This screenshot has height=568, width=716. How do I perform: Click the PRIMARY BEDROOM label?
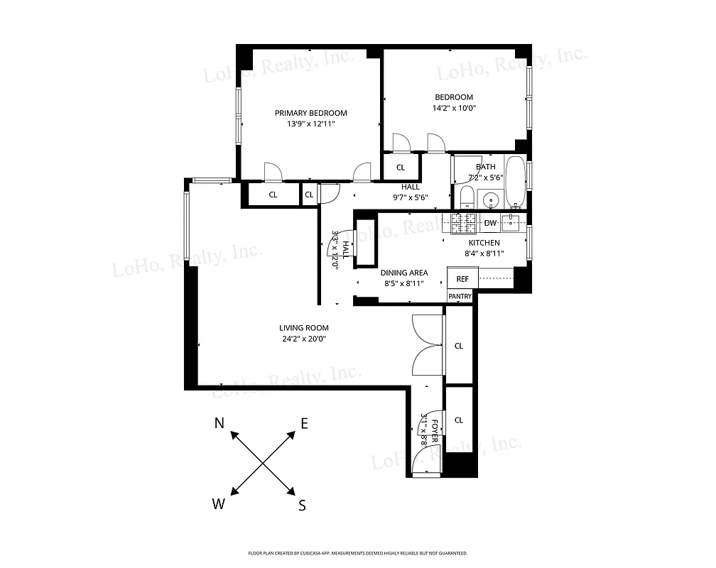click(x=310, y=113)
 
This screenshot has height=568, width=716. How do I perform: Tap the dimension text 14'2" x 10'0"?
click(x=454, y=109)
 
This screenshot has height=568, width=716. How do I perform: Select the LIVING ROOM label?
click(x=303, y=327)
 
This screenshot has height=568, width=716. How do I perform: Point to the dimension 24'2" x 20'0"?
click(x=303, y=338)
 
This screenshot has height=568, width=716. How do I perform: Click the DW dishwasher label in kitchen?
click(x=490, y=223)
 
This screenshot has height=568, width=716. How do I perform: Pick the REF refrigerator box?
click(x=462, y=279)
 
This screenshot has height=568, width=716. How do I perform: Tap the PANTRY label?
click(x=460, y=296)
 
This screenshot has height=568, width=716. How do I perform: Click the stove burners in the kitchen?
click(x=465, y=224)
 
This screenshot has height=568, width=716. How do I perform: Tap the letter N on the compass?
click(x=220, y=424)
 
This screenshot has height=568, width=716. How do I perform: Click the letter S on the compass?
click(x=302, y=506)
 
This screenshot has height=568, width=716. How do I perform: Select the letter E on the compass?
click(x=304, y=424)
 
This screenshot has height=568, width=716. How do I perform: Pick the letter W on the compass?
click(x=219, y=504)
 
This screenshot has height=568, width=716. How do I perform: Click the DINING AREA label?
click(x=403, y=273)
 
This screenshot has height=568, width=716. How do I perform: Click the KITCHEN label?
click(x=484, y=243)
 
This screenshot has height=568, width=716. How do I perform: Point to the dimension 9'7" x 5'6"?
click(x=410, y=197)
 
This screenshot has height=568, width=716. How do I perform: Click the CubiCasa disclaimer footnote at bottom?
click(x=357, y=552)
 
